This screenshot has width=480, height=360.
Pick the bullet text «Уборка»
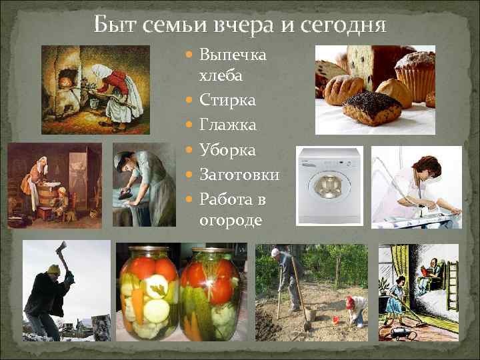point(227,151)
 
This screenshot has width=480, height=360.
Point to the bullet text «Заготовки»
point(239,175)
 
